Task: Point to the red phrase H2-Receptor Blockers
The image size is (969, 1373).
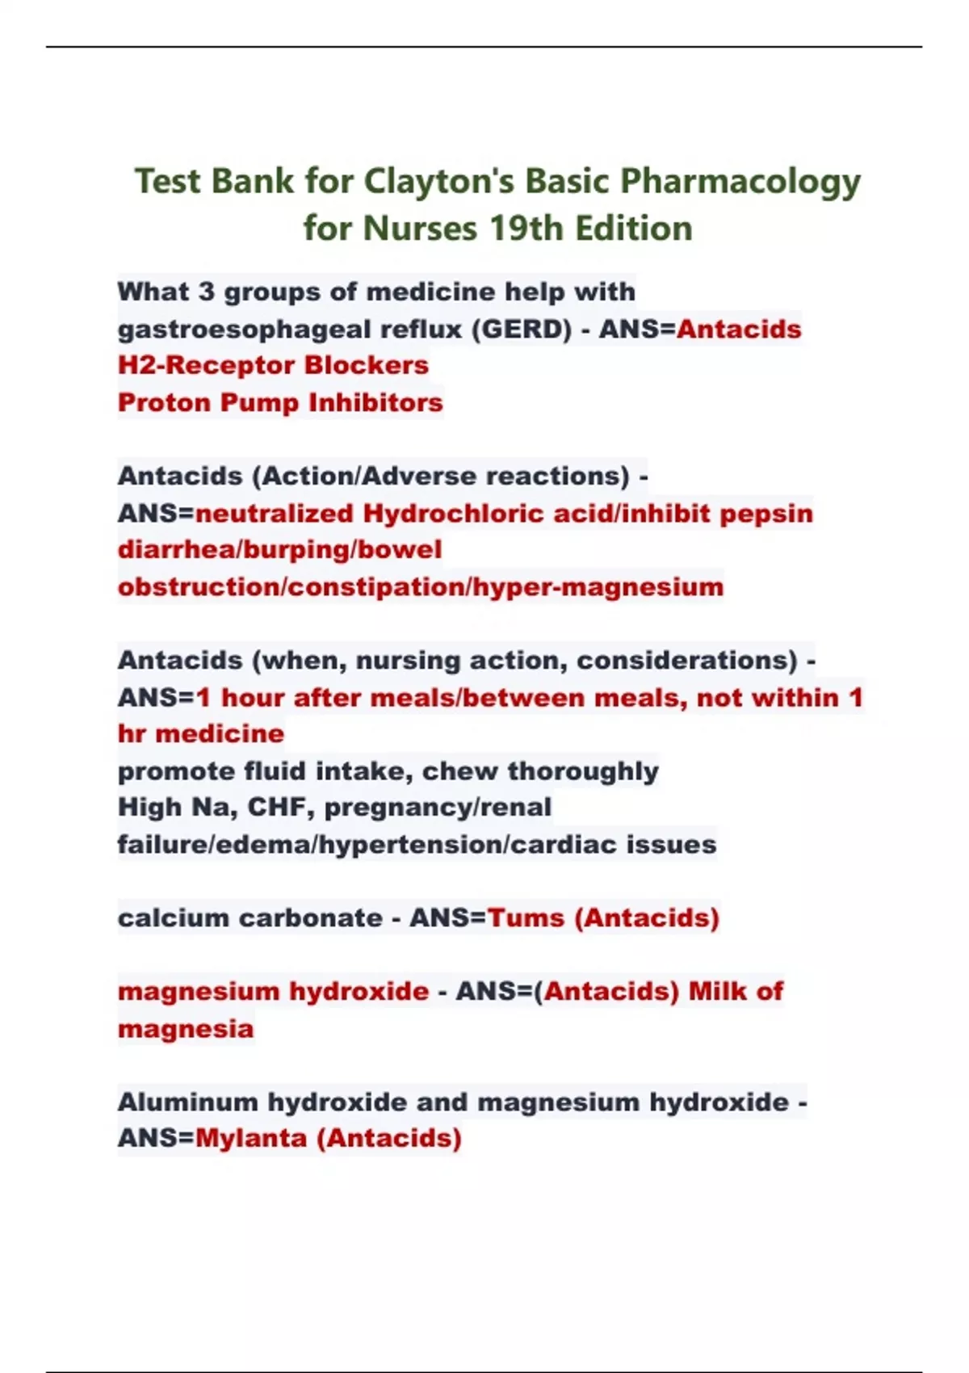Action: tap(273, 365)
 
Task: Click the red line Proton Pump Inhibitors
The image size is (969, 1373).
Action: tap(280, 402)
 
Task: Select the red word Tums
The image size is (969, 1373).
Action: tap(526, 918)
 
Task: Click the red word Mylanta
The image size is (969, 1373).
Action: tap(251, 1139)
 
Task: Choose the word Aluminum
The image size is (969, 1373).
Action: tap(188, 1102)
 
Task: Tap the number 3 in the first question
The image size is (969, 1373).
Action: tap(207, 292)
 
